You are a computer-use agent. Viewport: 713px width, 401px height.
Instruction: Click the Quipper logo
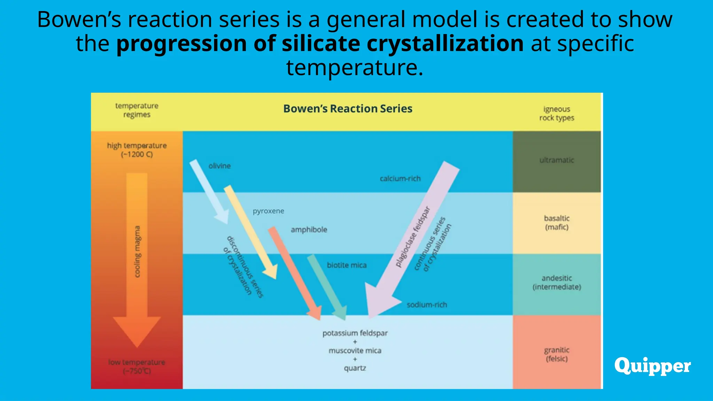click(652, 366)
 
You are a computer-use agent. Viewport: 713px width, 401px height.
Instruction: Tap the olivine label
click(219, 166)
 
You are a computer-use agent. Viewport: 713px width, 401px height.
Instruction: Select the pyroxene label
click(268, 211)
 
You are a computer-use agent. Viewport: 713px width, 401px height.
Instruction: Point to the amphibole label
click(309, 230)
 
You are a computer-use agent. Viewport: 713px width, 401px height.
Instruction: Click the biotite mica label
click(346, 265)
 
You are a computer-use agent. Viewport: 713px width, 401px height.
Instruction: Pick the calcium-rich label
click(400, 179)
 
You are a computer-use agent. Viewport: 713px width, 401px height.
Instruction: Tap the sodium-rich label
click(427, 305)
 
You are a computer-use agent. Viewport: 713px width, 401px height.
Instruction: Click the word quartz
click(355, 368)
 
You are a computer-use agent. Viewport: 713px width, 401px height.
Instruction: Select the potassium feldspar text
click(355, 333)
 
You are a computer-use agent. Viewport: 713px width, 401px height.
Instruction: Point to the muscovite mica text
click(355, 351)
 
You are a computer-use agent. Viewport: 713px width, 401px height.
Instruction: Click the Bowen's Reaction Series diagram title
click(347, 109)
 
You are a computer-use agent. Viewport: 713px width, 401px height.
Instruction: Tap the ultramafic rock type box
click(556, 161)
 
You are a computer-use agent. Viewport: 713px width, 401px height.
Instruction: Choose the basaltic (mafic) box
click(556, 223)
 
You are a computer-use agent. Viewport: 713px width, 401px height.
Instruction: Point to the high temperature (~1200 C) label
click(136, 150)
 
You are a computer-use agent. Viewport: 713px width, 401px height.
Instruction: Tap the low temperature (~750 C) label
click(136, 367)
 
